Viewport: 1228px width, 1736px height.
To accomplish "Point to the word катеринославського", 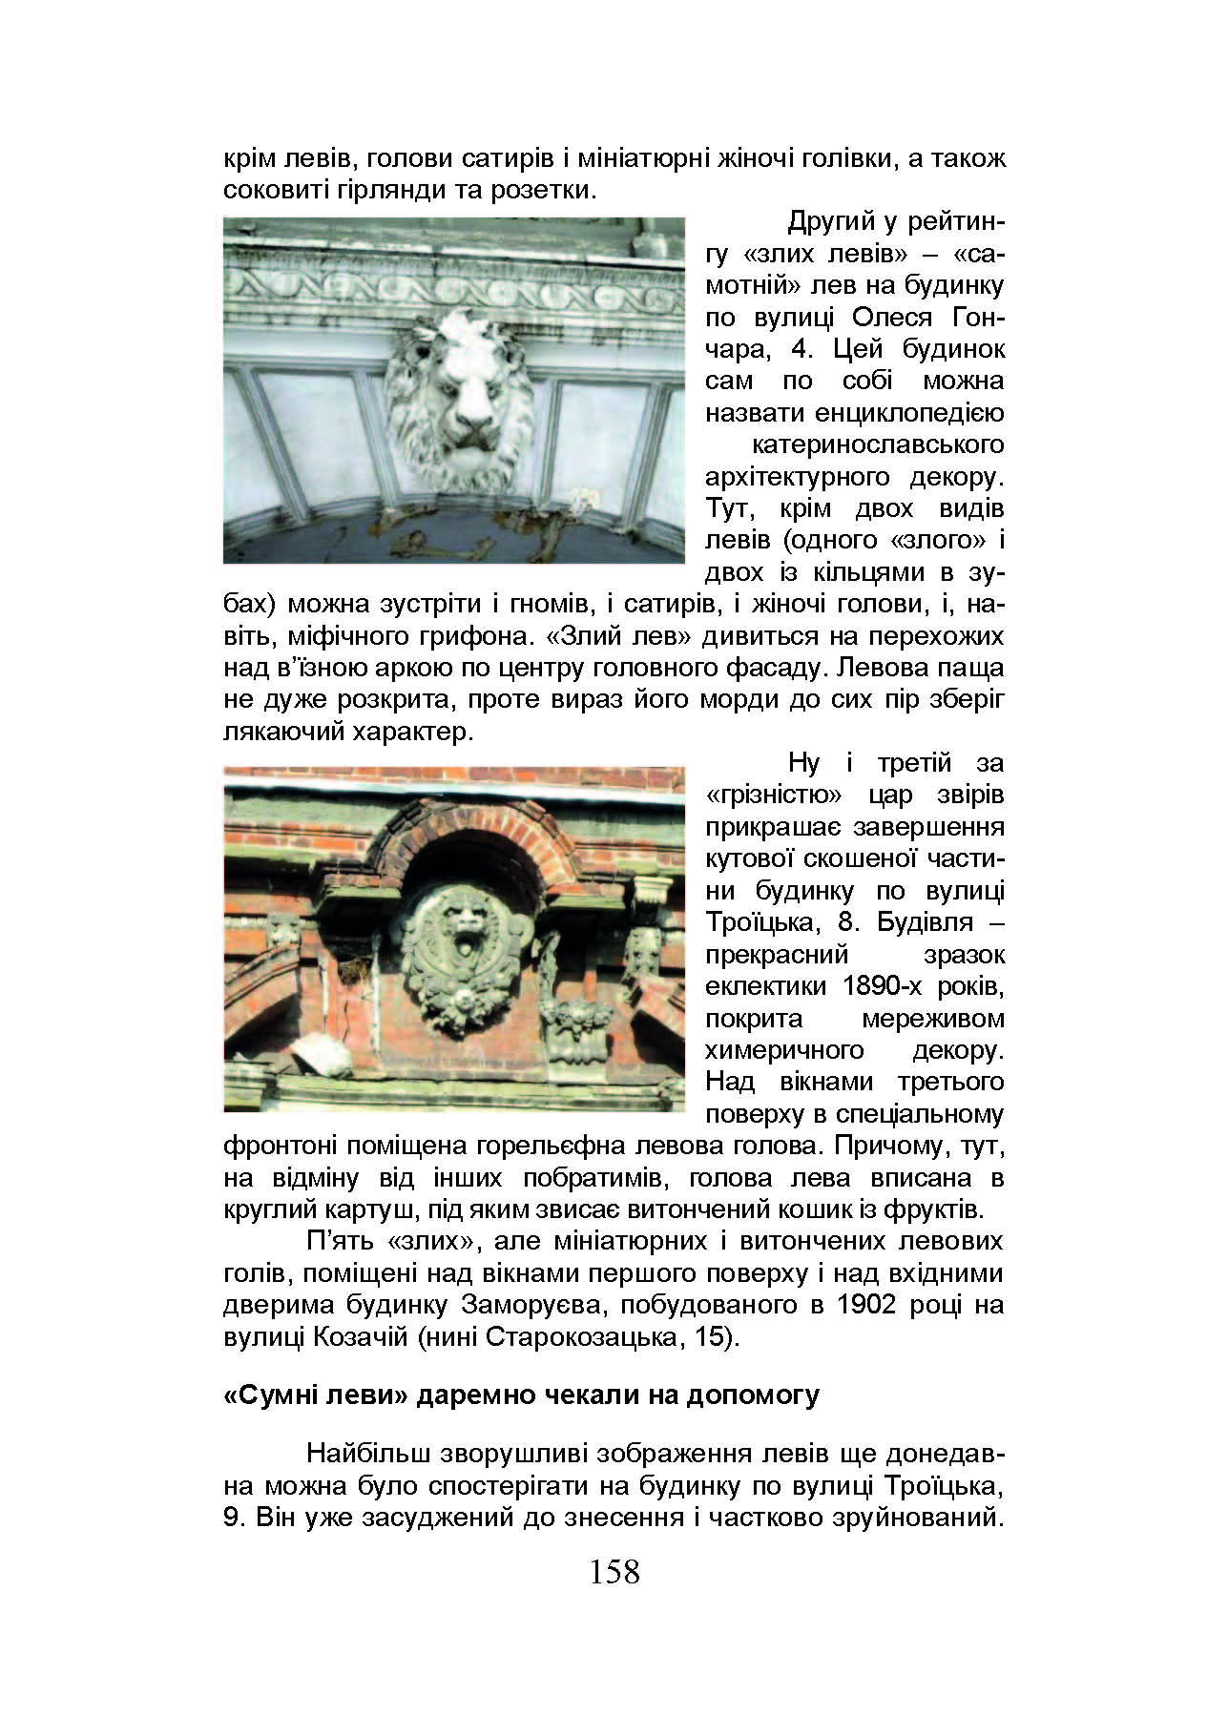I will (878, 444).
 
